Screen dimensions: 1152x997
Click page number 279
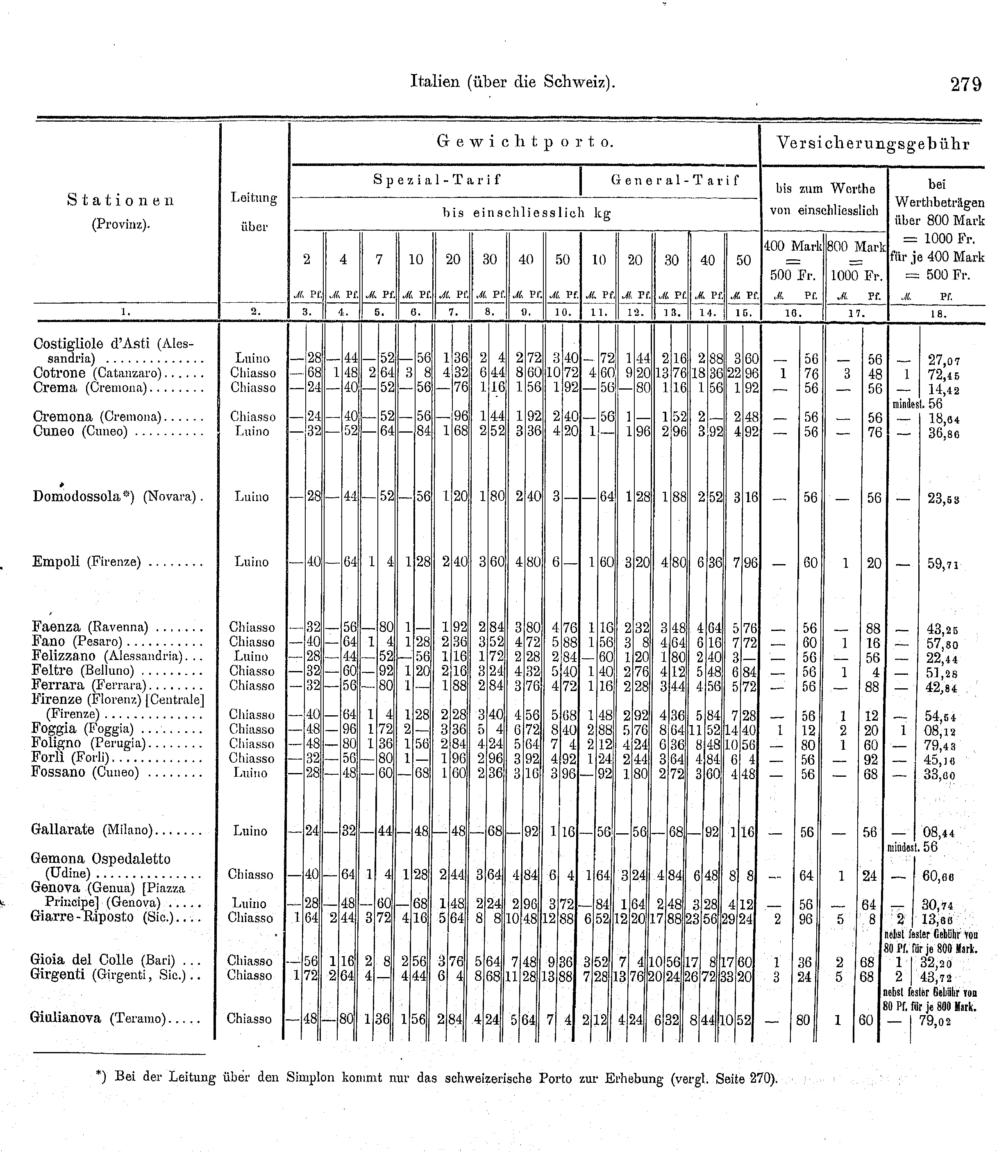966,84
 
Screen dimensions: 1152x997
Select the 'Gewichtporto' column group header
525,143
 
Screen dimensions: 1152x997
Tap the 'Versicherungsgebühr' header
873,144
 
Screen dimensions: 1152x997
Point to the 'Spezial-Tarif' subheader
437,180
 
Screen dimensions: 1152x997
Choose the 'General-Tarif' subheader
675,180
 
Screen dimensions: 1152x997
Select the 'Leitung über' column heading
254,212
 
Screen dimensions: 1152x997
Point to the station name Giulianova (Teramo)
98,1018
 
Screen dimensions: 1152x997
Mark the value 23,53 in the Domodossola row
942,499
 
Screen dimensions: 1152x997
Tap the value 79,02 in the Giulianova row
939,1021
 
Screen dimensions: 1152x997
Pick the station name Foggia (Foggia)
82,729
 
